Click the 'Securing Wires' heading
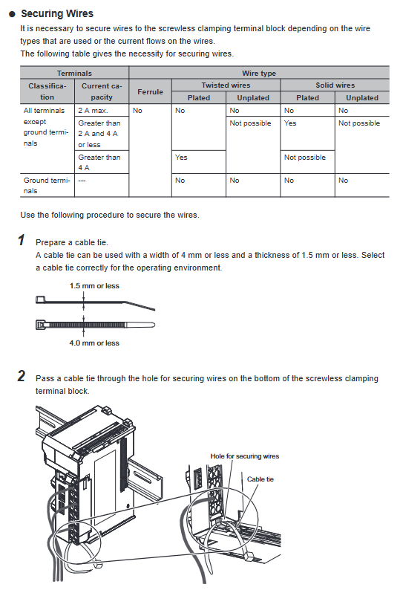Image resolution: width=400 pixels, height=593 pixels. point(57,13)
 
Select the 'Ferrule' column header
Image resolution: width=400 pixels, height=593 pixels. point(151,91)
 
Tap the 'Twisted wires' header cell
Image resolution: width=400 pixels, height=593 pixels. point(226,85)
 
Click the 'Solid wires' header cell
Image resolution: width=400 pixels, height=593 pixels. point(335,85)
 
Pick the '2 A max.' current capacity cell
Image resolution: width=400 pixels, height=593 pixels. point(93,111)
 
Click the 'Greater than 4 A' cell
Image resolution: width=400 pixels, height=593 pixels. point(99,162)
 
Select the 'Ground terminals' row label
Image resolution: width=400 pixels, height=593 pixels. point(47,185)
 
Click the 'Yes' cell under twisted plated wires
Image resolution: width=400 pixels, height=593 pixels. point(181,158)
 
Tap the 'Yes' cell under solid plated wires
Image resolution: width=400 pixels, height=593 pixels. point(290,123)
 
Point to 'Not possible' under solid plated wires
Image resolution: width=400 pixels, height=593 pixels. point(305,158)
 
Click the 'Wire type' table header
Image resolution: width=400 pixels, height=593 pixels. point(259,73)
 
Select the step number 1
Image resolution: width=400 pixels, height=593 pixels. point(22,240)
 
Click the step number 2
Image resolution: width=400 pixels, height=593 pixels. point(22,376)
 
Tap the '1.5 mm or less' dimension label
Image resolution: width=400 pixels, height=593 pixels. point(94,286)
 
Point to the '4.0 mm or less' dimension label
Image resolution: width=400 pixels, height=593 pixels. point(94,343)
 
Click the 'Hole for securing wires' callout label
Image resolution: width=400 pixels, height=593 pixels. point(245,456)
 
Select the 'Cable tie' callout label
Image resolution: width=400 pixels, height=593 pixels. point(260,479)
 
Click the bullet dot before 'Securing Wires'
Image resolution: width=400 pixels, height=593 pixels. point(12,14)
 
